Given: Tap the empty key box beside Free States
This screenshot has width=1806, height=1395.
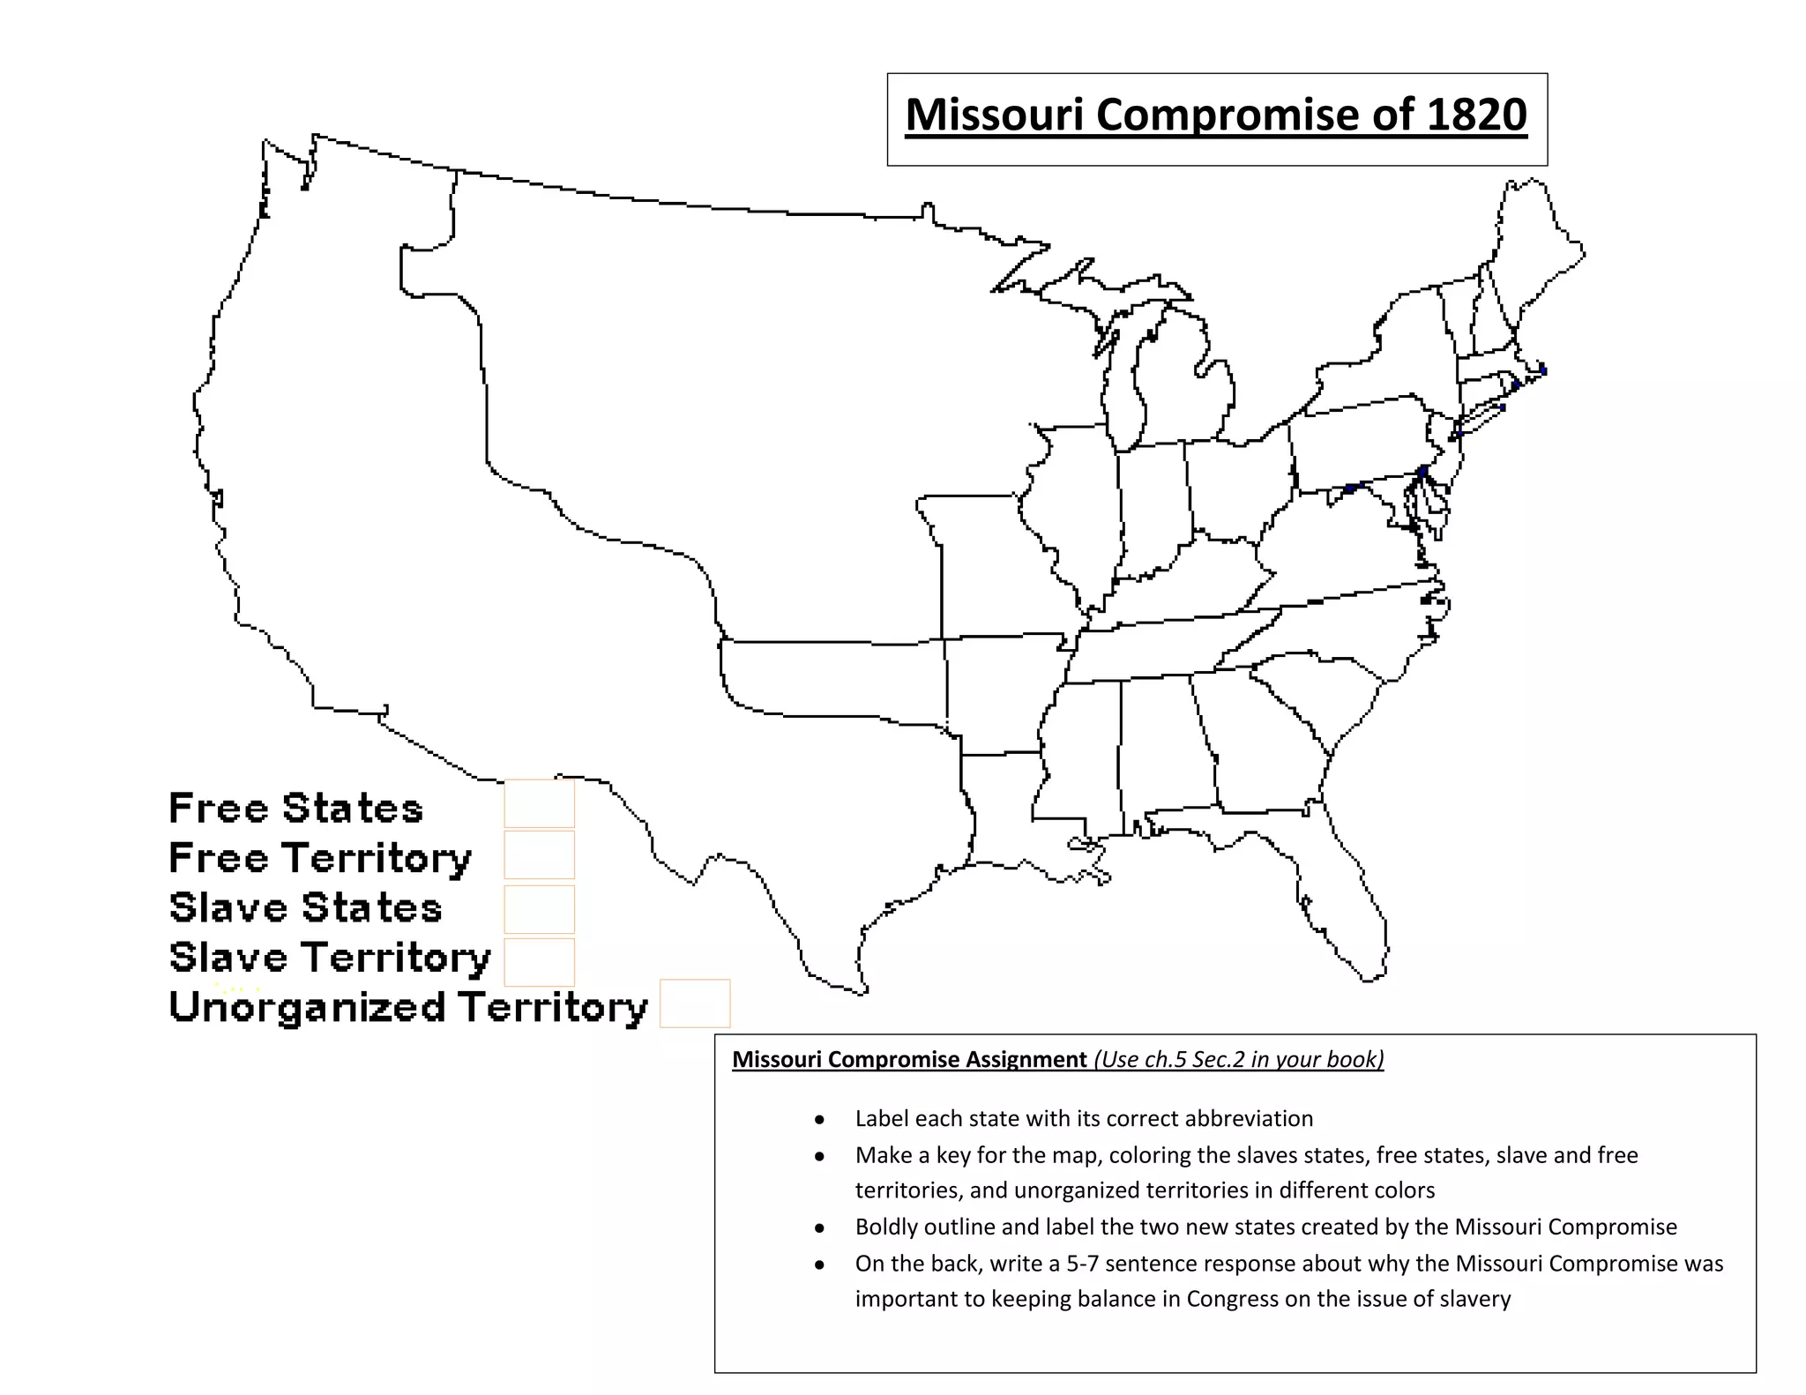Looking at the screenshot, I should (539, 803).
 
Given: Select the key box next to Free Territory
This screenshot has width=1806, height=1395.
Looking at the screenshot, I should (539, 854).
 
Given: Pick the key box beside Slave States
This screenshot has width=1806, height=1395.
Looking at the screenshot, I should (539, 909).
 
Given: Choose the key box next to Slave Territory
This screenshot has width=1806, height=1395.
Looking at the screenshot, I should (539, 961).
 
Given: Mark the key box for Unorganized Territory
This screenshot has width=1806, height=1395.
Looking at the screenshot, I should (695, 1003).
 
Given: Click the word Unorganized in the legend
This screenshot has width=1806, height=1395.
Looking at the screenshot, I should (307, 1007).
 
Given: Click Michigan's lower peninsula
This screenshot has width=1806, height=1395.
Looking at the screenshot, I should (1182, 379).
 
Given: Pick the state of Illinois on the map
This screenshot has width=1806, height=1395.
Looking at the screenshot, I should (1071, 511).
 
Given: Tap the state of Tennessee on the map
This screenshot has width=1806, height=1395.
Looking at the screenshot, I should (1164, 653).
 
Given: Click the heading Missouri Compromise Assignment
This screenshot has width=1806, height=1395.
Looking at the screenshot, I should (909, 1059).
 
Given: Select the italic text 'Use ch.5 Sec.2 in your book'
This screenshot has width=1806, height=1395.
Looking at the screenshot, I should (1239, 1059).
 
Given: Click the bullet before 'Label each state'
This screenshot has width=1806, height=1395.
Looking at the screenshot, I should (820, 1120).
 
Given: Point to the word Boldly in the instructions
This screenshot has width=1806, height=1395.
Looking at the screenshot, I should (885, 1227).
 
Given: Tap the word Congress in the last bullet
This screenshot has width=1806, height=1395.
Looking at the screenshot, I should (1231, 1299).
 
